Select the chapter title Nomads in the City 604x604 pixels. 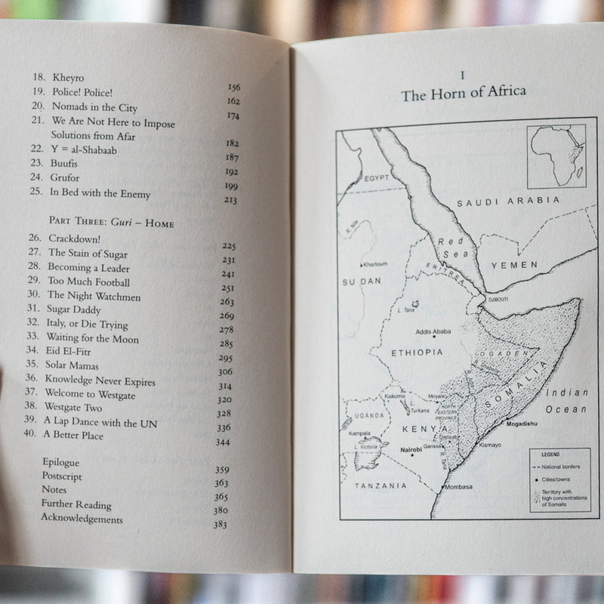(94, 108)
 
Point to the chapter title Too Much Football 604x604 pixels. (89, 282)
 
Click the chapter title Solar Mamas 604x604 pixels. (72, 366)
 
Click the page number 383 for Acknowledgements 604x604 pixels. (220, 525)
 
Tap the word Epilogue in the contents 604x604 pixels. (60, 462)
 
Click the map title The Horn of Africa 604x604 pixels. (464, 94)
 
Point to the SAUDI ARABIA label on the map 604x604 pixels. (508, 201)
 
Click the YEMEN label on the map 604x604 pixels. (514, 265)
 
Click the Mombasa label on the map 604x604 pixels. (458, 487)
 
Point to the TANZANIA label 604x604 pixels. (381, 486)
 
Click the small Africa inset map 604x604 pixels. (557, 156)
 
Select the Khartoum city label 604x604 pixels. (374, 264)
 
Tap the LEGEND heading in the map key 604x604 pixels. (549, 454)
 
